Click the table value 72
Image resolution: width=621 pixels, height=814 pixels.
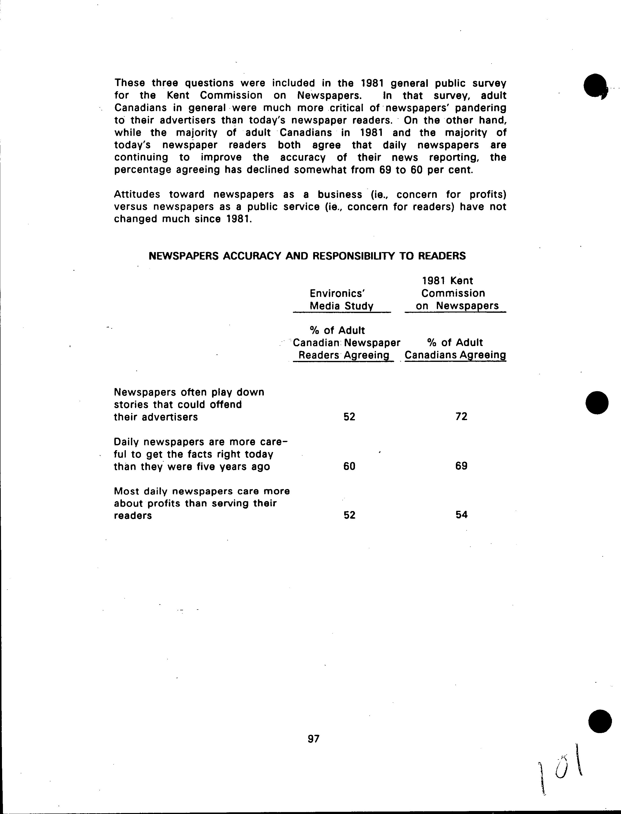(461, 417)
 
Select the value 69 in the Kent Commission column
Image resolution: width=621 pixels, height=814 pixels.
(461, 466)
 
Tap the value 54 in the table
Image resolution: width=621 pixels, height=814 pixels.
(461, 515)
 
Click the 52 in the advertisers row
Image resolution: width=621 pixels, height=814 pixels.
(349, 417)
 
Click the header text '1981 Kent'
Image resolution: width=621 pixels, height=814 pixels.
(448, 281)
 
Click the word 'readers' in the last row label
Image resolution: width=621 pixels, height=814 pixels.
(133, 516)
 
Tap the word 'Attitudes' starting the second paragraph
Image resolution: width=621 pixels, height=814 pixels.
(137, 194)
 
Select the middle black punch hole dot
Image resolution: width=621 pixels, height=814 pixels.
(597, 402)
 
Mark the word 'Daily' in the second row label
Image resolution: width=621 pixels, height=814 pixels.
(126, 442)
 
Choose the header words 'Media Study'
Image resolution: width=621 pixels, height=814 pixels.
(341, 306)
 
